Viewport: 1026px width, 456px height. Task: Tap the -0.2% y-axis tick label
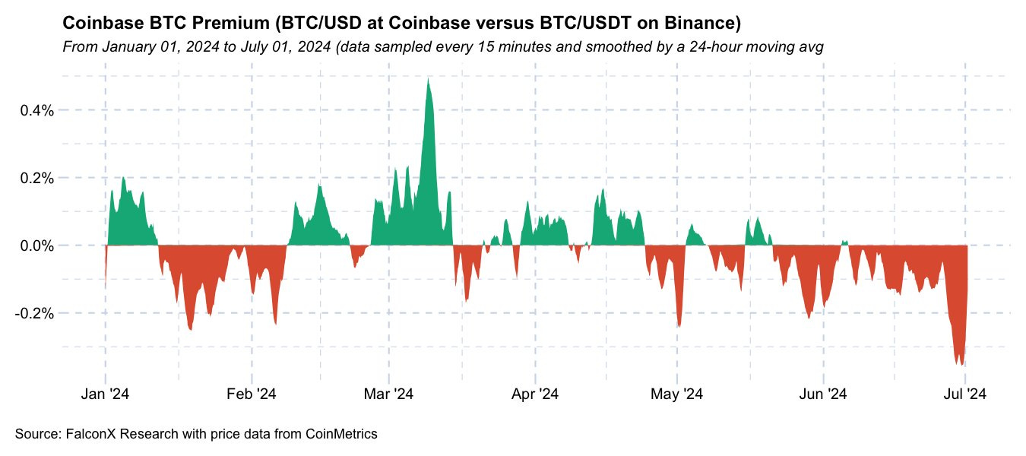(33, 313)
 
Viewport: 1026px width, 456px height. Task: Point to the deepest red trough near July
(964, 364)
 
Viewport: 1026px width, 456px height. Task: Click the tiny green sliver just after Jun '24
(844, 243)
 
